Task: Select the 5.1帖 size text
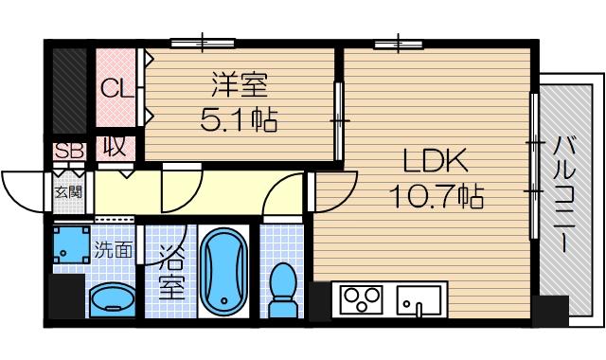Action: click(239, 120)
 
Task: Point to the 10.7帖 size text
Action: click(436, 196)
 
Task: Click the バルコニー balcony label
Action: click(565, 195)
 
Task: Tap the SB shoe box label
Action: click(68, 150)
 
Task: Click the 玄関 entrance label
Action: click(67, 192)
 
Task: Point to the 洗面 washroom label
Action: click(114, 252)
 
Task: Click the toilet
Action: click(282, 289)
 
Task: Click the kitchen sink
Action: click(414, 304)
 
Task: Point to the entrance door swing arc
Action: click(23, 187)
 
